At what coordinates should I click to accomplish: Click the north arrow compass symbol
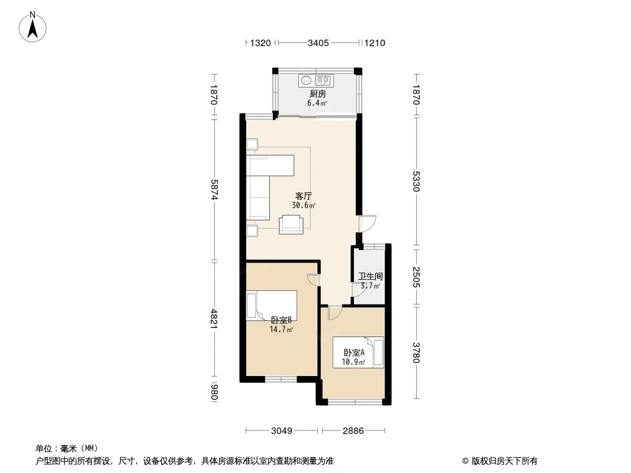[x=33, y=27]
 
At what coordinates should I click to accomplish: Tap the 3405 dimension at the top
[x=318, y=43]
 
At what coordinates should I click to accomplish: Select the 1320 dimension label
[x=260, y=43]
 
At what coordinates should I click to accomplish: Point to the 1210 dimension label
[x=375, y=43]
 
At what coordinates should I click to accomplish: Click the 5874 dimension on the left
[x=214, y=189]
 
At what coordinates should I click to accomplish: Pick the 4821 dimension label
[x=214, y=319]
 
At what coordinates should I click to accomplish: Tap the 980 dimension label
[x=214, y=393]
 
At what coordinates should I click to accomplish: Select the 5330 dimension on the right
[x=416, y=182]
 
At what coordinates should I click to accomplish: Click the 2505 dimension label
[x=416, y=277]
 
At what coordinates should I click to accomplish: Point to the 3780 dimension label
[x=416, y=353]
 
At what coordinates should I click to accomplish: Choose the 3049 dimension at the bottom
[x=281, y=431]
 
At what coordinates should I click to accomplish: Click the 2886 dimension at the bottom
[x=353, y=431]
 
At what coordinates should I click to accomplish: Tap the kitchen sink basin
[x=306, y=80]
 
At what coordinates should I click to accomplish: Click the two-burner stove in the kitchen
[x=323, y=80]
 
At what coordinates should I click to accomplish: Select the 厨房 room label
[x=317, y=94]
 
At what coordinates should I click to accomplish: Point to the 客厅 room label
[x=304, y=196]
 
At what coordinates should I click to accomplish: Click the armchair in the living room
[x=291, y=224]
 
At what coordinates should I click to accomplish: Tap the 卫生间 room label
[x=370, y=277]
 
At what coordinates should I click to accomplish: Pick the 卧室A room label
[x=354, y=353]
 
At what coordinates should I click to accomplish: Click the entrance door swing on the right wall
[x=368, y=224]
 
